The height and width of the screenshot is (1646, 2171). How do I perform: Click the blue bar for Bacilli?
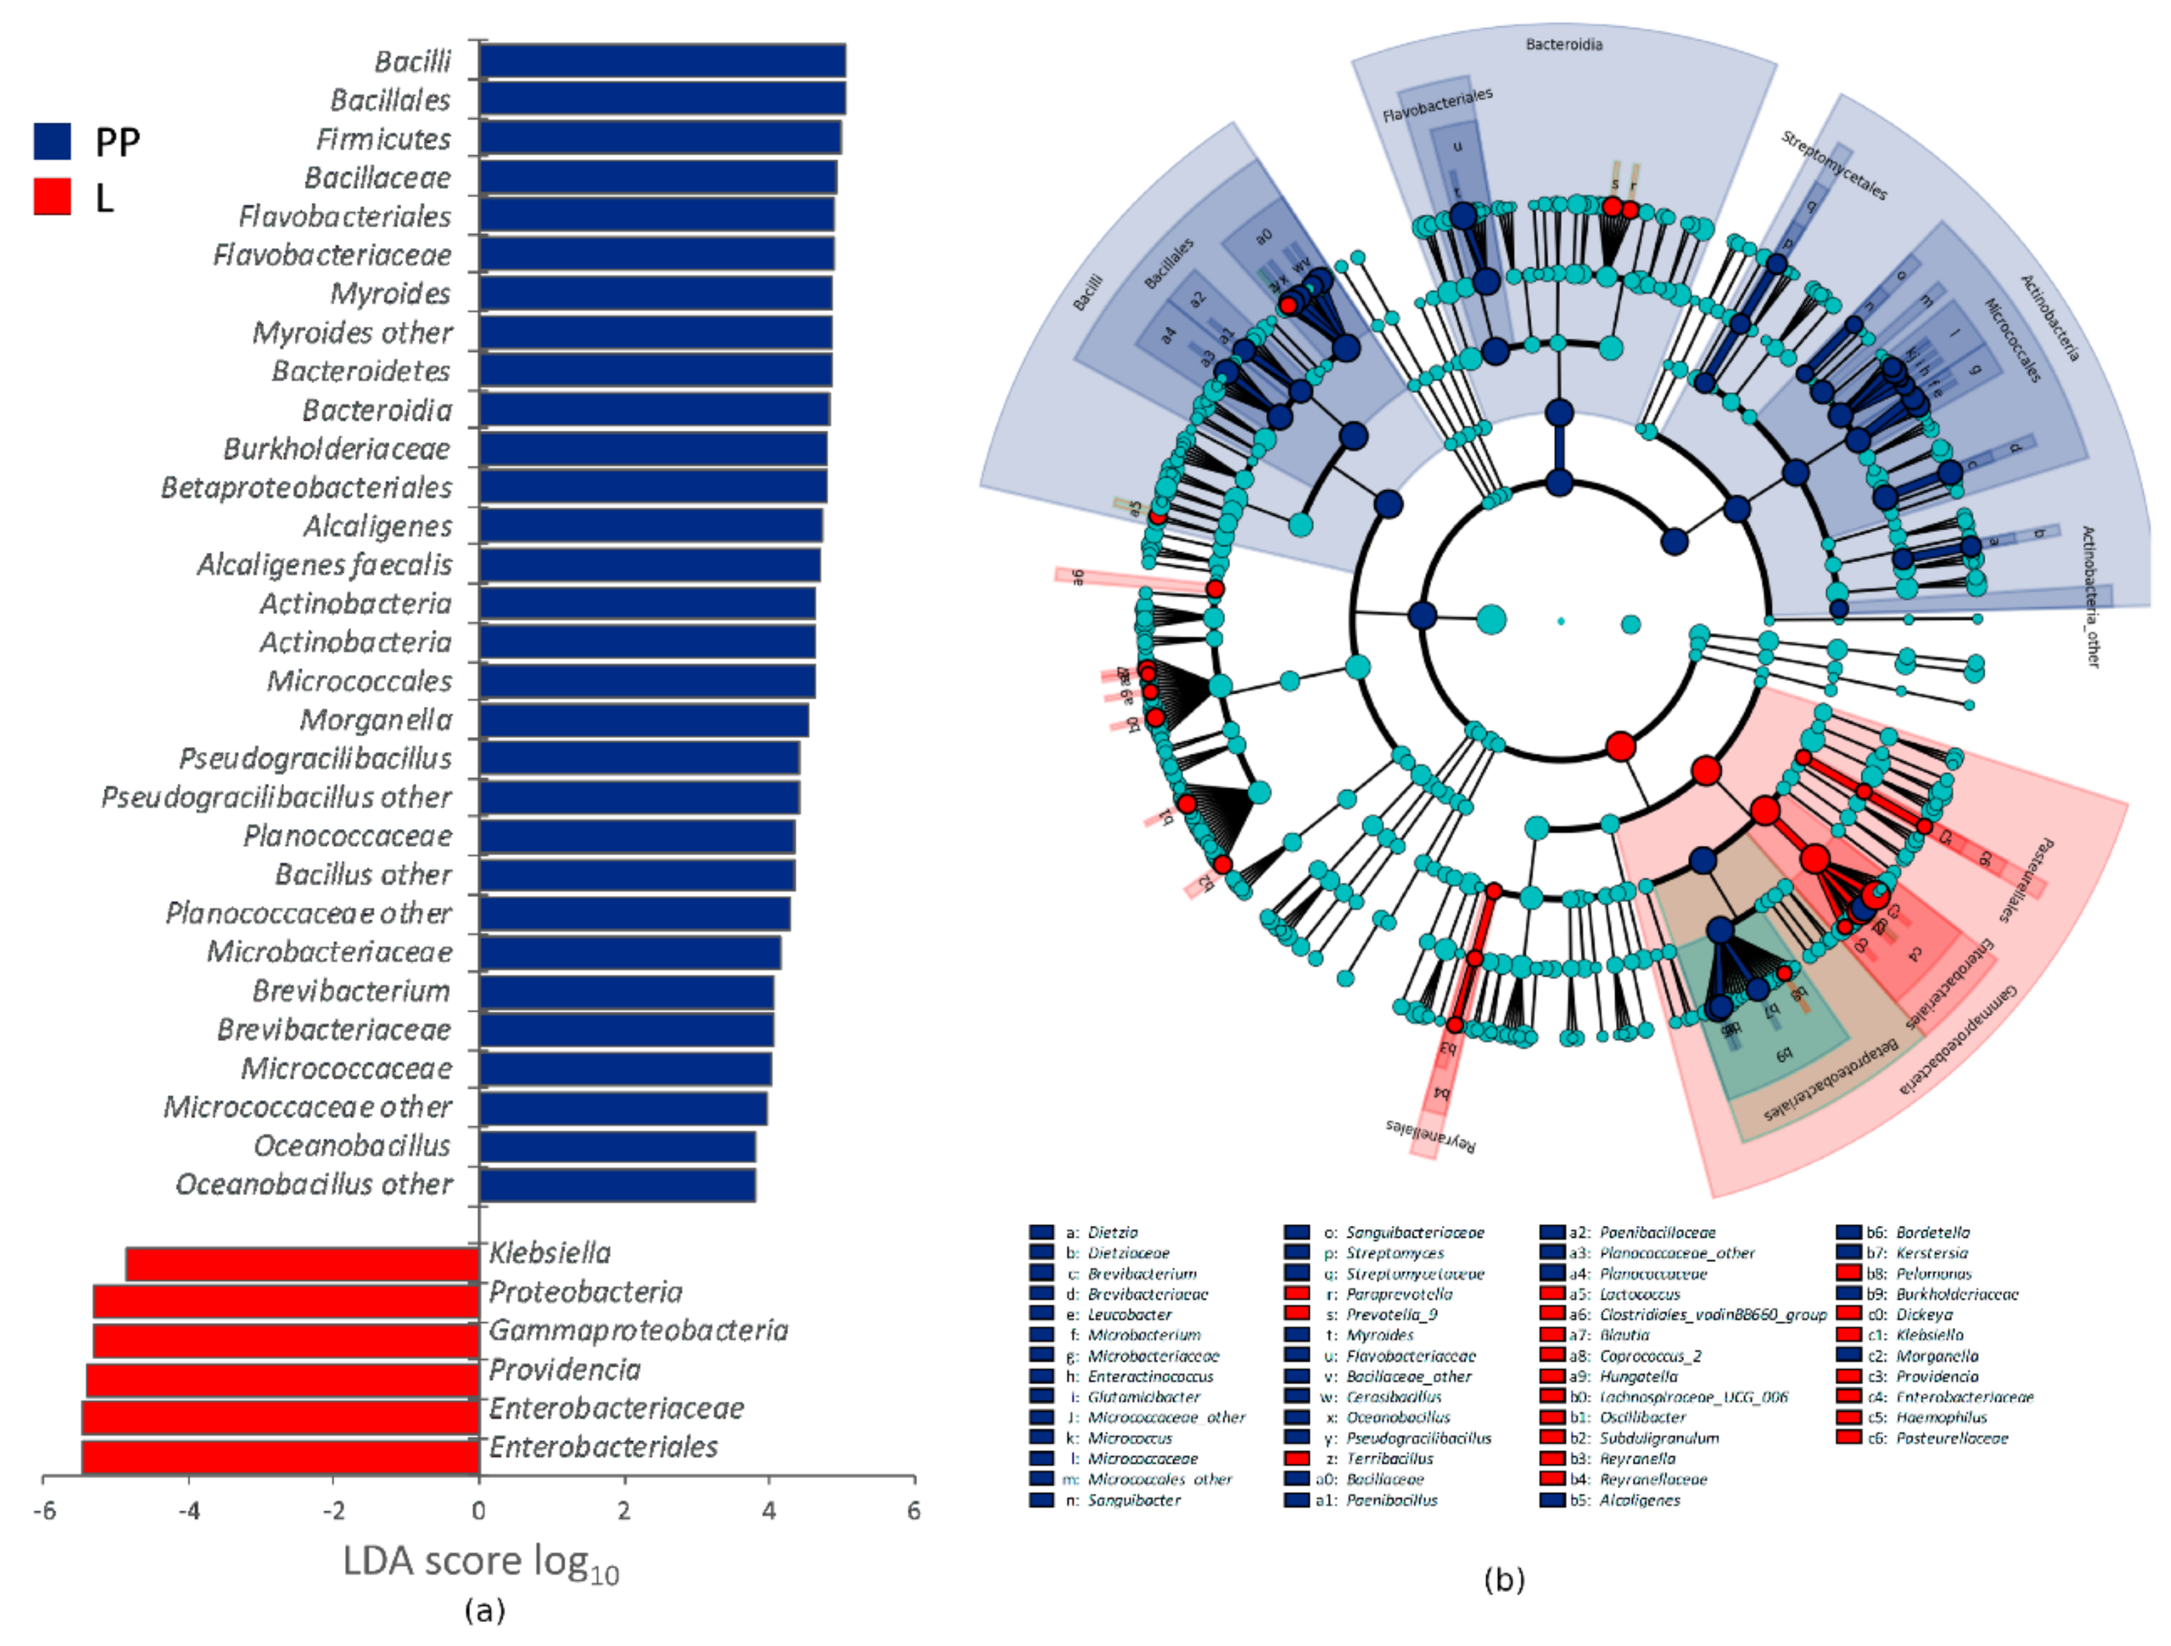pyautogui.click(x=662, y=61)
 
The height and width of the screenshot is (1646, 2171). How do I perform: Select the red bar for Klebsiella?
pyautogui.click(x=302, y=1264)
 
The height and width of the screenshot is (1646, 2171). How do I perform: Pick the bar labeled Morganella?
pyautogui.click(x=644, y=720)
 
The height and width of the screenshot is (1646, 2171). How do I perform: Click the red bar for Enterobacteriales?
pyautogui.click(x=280, y=1457)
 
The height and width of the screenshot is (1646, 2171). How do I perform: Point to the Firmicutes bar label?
pyautogui.click(x=384, y=139)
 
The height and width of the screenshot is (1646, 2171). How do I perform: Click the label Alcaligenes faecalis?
pyautogui.click(x=325, y=566)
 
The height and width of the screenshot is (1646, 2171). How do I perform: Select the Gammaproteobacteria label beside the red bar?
pyautogui.click(x=638, y=1331)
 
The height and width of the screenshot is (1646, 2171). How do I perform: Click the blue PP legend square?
pyautogui.click(x=52, y=141)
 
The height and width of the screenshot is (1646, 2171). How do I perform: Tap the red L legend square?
pyautogui.click(x=52, y=197)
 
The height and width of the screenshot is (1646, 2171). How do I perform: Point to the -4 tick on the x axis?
pyautogui.click(x=190, y=1510)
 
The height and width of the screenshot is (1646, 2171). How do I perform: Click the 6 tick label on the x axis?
pyautogui.click(x=914, y=1510)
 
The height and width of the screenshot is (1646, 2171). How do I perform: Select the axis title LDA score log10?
pyautogui.click(x=480, y=1562)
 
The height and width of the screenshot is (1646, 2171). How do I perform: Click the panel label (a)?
pyautogui.click(x=484, y=1610)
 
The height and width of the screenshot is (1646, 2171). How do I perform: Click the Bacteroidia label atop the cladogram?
pyautogui.click(x=1563, y=44)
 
